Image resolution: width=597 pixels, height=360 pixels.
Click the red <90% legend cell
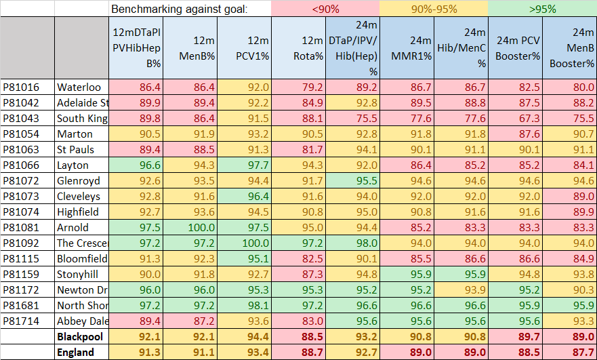pyautogui.click(x=325, y=9)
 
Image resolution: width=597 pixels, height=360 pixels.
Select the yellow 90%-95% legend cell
pyautogui.click(x=434, y=9)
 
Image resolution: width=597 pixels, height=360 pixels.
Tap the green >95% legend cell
pyautogui.click(x=542, y=9)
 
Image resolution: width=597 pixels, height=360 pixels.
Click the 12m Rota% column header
pyautogui.click(x=298, y=48)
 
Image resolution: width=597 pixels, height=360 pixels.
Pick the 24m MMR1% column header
pyautogui.click(x=407, y=48)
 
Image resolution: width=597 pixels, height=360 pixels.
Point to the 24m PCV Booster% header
pyautogui.click(x=515, y=48)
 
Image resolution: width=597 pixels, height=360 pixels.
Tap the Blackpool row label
pyautogui.click(x=79, y=337)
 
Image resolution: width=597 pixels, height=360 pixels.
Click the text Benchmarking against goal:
pyautogui.click(x=180, y=9)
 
